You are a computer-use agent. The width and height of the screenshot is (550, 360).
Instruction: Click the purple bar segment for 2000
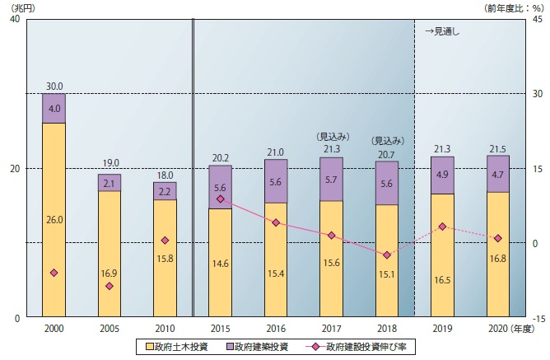[x=54, y=108]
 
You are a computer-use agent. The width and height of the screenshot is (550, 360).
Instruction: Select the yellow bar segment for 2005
[x=110, y=254]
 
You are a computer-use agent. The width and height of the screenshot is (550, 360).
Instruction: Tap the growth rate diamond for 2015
[x=221, y=199]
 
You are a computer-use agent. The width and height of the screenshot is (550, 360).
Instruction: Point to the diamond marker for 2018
[x=387, y=255]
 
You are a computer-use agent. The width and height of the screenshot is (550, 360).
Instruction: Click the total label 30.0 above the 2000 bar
[x=54, y=86]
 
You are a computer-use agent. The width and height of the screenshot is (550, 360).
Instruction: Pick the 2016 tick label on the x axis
[x=276, y=329]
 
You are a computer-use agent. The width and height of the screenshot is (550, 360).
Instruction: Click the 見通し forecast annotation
[x=442, y=31]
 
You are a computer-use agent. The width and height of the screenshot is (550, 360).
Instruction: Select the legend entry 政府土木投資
[x=177, y=347]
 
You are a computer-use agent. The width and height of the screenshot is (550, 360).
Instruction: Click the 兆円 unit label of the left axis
[x=23, y=7]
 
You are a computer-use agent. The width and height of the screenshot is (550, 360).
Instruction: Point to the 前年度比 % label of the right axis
[x=514, y=7]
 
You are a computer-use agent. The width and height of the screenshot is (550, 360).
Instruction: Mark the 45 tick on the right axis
[x=538, y=19]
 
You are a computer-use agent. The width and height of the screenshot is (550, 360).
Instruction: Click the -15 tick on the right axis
[x=538, y=319]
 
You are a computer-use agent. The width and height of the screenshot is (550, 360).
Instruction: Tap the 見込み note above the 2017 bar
[x=332, y=137]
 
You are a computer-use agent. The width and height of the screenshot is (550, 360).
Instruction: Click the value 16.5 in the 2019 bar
[x=442, y=280]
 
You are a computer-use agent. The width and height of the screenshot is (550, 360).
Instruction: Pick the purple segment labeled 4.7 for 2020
[x=498, y=174]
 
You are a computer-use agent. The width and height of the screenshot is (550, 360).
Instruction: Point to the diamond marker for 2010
[x=165, y=241]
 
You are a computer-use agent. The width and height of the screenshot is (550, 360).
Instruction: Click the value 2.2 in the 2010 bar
[x=165, y=192]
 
